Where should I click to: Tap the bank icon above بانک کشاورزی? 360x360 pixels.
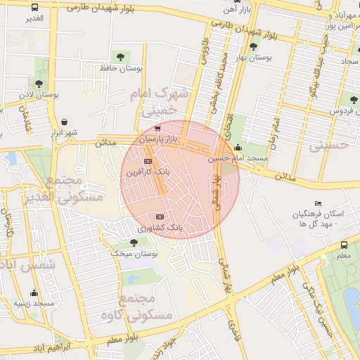click(160, 217)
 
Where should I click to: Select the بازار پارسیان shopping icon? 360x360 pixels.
click(157, 129)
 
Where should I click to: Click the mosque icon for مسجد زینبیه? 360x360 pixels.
click(34, 292)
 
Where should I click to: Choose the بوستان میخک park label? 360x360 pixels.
click(134, 253)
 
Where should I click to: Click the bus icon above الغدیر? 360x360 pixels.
click(35, 7)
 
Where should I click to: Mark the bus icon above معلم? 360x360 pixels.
click(344, 245)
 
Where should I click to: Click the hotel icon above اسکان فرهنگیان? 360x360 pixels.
click(318, 203)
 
